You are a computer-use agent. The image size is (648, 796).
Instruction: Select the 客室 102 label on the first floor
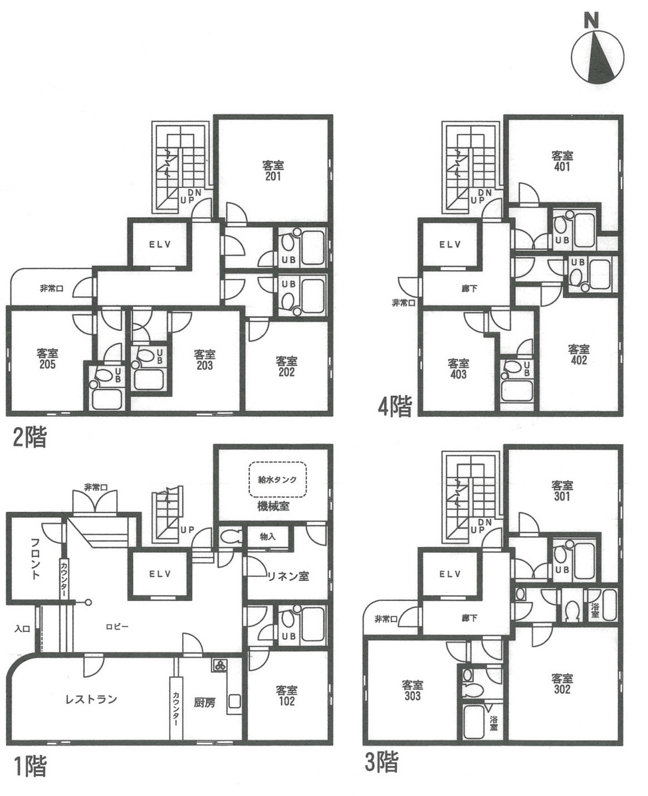[286, 696]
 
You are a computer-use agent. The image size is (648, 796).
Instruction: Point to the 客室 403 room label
[459, 368]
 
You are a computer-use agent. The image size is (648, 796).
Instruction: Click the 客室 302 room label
[562, 684]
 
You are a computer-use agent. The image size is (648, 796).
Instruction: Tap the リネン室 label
[287, 576]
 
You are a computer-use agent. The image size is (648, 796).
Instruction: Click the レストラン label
[91, 698]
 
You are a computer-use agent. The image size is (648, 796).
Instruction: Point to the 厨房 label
[205, 703]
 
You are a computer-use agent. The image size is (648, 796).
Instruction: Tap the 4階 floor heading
[395, 406]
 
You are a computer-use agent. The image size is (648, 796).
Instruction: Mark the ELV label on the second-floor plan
[160, 244]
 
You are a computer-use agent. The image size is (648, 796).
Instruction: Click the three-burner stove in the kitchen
[221, 665]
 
